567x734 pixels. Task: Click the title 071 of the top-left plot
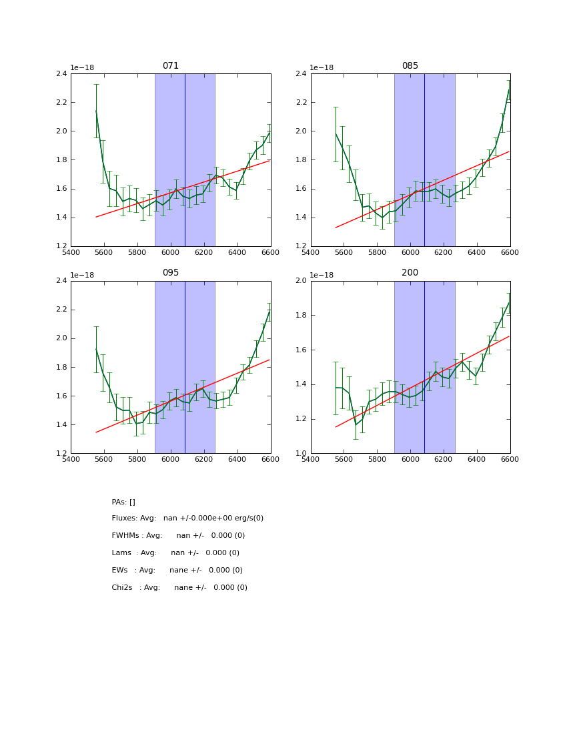pyautogui.click(x=171, y=66)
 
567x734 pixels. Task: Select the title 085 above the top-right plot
pyautogui.click(x=410, y=66)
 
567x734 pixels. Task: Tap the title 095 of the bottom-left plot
pyautogui.click(x=171, y=273)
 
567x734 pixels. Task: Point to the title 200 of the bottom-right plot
pyautogui.click(x=410, y=273)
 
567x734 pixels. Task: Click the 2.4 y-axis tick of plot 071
pyautogui.click(x=61, y=74)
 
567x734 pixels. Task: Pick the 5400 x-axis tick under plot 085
pyautogui.click(x=311, y=252)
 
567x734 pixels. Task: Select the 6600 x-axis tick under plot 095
pyautogui.click(x=270, y=459)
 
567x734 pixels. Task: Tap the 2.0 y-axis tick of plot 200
pyautogui.click(x=301, y=281)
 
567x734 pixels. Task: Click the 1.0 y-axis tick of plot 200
pyautogui.click(x=301, y=454)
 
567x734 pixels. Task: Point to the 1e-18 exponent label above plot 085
pyautogui.click(x=322, y=67)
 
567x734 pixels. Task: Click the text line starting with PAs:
pyautogui.click(x=123, y=502)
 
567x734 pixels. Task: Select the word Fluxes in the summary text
pyautogui.click(x=124, y=518)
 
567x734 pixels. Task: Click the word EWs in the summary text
pyautogui.click(x=119, y=571)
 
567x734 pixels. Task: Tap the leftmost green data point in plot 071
pyautogui.click(x=96, y=111)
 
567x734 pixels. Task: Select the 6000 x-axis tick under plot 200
pyautogui.click(x=410, y=459)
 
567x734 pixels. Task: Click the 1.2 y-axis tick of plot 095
pyautogui.click(x=61, y=454)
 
